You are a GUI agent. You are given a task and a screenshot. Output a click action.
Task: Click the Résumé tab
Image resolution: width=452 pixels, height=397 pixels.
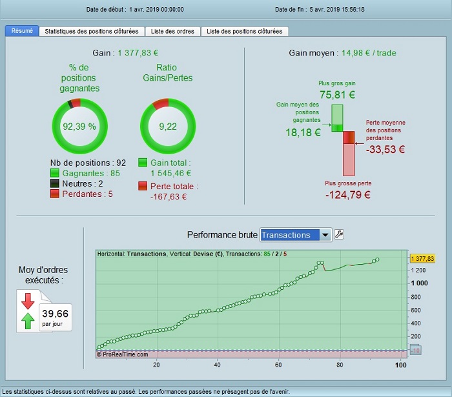click(22, 31)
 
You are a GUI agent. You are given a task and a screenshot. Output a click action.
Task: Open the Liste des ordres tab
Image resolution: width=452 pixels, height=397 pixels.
click(172, 31)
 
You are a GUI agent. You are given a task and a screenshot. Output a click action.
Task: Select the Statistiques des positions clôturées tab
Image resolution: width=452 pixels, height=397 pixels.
click(91, 31)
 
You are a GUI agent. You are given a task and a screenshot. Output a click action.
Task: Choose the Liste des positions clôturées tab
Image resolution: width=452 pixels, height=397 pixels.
click(244, 31)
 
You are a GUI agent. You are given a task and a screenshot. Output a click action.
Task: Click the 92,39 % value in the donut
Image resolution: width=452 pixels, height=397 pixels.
click(79, 127)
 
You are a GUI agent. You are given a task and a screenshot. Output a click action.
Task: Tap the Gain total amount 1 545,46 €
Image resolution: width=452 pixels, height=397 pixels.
click(170, 173)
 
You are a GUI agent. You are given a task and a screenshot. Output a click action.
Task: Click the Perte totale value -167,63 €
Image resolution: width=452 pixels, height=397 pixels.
click(168, 197)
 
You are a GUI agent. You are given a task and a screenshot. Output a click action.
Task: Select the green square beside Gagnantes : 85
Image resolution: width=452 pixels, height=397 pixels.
click(55, 173)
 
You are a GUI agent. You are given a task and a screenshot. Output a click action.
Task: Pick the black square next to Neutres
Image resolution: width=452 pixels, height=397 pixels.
click(55, 183)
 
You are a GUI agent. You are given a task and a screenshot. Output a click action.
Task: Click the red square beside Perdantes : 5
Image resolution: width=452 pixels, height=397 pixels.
click(55, 194)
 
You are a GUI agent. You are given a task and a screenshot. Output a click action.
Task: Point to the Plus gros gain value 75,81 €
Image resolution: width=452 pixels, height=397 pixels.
click(337, 94)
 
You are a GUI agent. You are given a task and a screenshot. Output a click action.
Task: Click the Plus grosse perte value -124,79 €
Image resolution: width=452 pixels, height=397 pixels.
click(347, 194)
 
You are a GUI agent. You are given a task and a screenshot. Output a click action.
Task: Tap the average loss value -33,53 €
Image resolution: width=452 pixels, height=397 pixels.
click(385, 150)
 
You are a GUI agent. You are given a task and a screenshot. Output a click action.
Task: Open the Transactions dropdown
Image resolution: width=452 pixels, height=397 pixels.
click(325, 235)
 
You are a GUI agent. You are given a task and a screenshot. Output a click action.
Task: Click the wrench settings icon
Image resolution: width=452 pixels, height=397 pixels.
click(339, 234)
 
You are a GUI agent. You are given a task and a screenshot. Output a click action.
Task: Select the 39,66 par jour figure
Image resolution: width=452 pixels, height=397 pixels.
click(55, 314)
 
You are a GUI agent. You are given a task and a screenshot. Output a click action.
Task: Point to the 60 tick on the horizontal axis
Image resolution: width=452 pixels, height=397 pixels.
click(278, 365)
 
